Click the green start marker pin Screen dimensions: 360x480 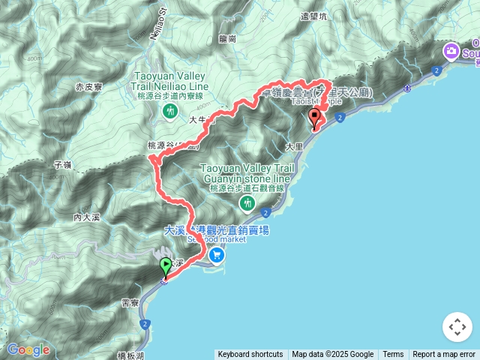(165, 268)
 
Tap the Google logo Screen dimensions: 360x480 (28, 350)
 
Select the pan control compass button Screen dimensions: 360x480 (457, 327)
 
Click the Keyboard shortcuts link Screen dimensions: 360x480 (250, 355)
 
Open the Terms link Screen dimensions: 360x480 (393, 355)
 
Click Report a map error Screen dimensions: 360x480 (444, 355)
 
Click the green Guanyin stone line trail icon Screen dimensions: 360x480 (247, 203)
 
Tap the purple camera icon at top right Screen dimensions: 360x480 (451, 52)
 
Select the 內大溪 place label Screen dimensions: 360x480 (87, 217)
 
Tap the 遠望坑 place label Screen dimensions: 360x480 (314, 16)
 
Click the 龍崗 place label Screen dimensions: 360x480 (228, 38)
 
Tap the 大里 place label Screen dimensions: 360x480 (294, 145)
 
